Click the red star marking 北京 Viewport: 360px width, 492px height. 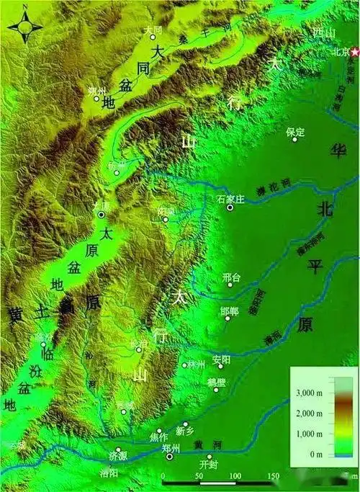coord(354,53)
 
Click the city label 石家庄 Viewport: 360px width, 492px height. coord(226,197)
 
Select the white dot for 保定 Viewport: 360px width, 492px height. coord(294,139)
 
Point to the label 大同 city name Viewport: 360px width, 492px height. coord(152,30)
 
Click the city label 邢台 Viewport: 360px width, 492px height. coord(231,276)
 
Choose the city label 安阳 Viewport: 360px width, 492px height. coord(222,359)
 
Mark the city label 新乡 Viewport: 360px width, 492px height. coord(185,431)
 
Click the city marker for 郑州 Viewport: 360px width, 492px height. coord(170,457)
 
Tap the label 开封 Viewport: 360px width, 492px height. coord(208,465)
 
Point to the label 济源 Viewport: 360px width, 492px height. coord(118,457)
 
